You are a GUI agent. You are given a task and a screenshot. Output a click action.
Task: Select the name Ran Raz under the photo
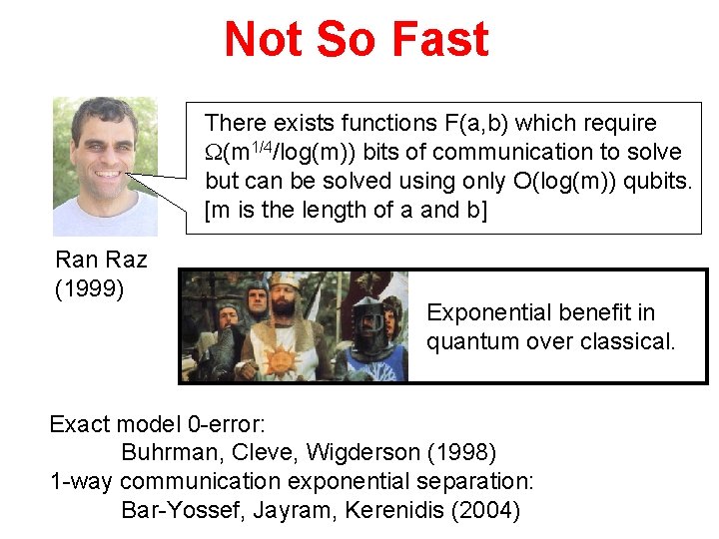coord(101,261)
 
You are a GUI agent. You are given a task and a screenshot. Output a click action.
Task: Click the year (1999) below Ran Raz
coord(89,289)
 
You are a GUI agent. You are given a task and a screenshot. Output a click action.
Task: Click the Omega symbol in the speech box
coord(214,153)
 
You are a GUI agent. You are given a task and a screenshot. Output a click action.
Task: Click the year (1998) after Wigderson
coord(463,452)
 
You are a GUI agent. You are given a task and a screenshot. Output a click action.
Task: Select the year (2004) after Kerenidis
coord(487,511)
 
